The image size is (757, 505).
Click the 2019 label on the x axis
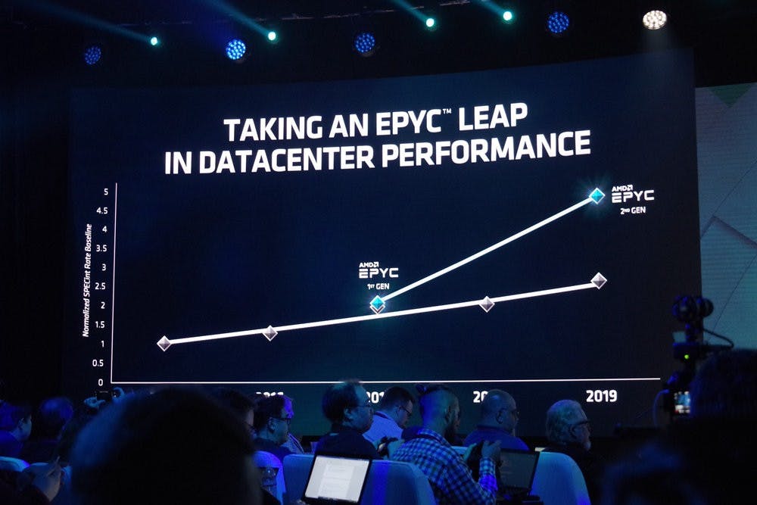(x=600, y=395)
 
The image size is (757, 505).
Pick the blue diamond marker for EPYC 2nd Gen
(x=597, y=195)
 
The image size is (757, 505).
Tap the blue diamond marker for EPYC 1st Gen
(x=377, y=303)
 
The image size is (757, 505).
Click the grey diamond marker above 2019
(x=598, y=281)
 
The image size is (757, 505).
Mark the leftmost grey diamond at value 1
(x=164, y=343)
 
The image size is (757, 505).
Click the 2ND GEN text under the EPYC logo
(x=632, y=210)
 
